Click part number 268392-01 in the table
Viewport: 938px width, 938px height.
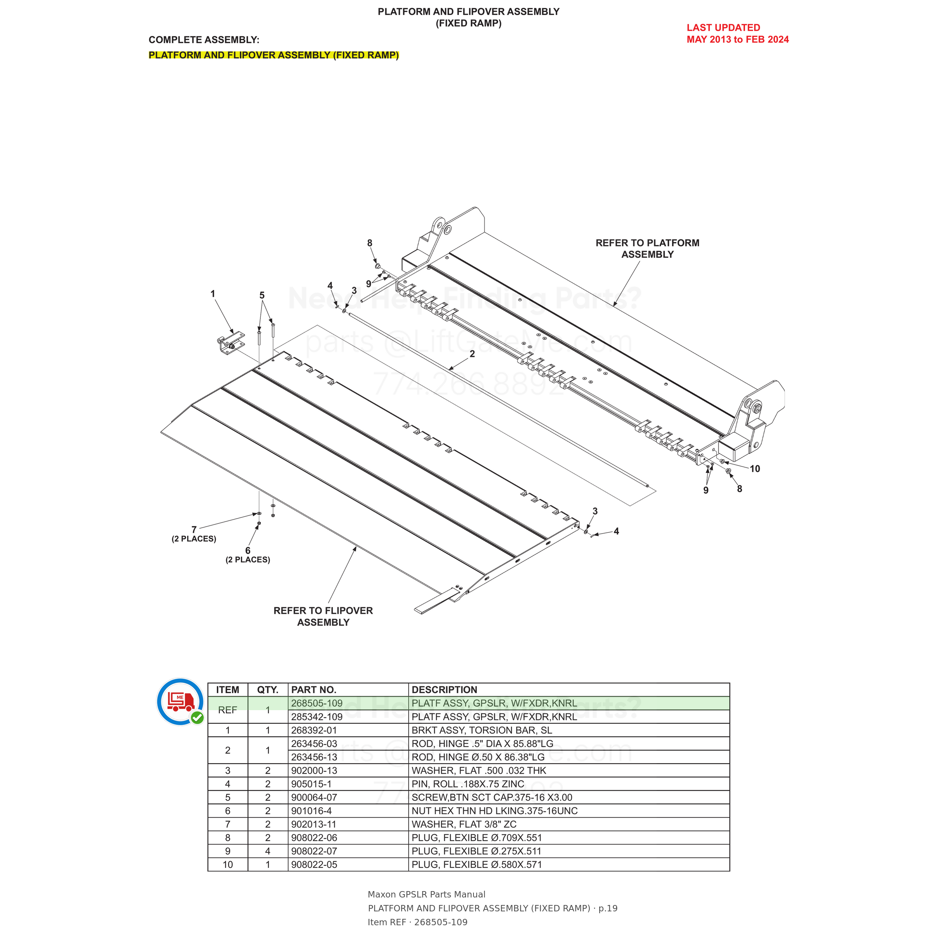(x=314, y=730)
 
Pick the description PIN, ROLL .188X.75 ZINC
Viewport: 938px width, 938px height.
(x=468, y=784)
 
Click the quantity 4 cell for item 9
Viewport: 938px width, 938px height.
(x=268, y=851)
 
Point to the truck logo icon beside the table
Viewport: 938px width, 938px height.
(x=180, y=702)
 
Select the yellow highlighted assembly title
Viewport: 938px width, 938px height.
(x=274, y=55)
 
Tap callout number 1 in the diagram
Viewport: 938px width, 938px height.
(x=213, y=294)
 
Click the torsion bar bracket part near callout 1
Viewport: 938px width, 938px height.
(x=231, y=343)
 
